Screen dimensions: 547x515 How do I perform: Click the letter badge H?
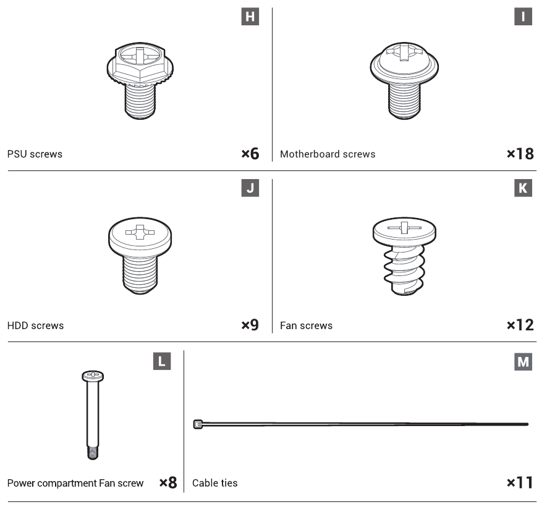[250, 17]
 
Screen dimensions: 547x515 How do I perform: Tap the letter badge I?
[523, 17]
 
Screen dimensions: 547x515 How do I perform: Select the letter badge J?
[250, 188]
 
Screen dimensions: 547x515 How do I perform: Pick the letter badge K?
[523, 188]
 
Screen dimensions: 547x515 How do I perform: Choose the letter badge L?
[162, 361]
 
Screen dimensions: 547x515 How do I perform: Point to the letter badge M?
[523, 361]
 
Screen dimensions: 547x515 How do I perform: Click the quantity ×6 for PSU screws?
[250, 153]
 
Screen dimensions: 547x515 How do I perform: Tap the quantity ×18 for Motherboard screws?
[520, 153]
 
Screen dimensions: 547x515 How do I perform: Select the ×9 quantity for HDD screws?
[250, 325]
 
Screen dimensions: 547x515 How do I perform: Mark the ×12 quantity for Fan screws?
[520, 325]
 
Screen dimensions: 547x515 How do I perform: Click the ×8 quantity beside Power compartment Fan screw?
[168, 483]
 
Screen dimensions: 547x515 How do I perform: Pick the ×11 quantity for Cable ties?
[520, 483]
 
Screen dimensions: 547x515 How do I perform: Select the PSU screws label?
[35, 154]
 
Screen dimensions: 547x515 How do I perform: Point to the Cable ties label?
[215, 483]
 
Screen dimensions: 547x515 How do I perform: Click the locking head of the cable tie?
[198, 424]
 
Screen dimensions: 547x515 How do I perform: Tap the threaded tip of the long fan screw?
[93, 453]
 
